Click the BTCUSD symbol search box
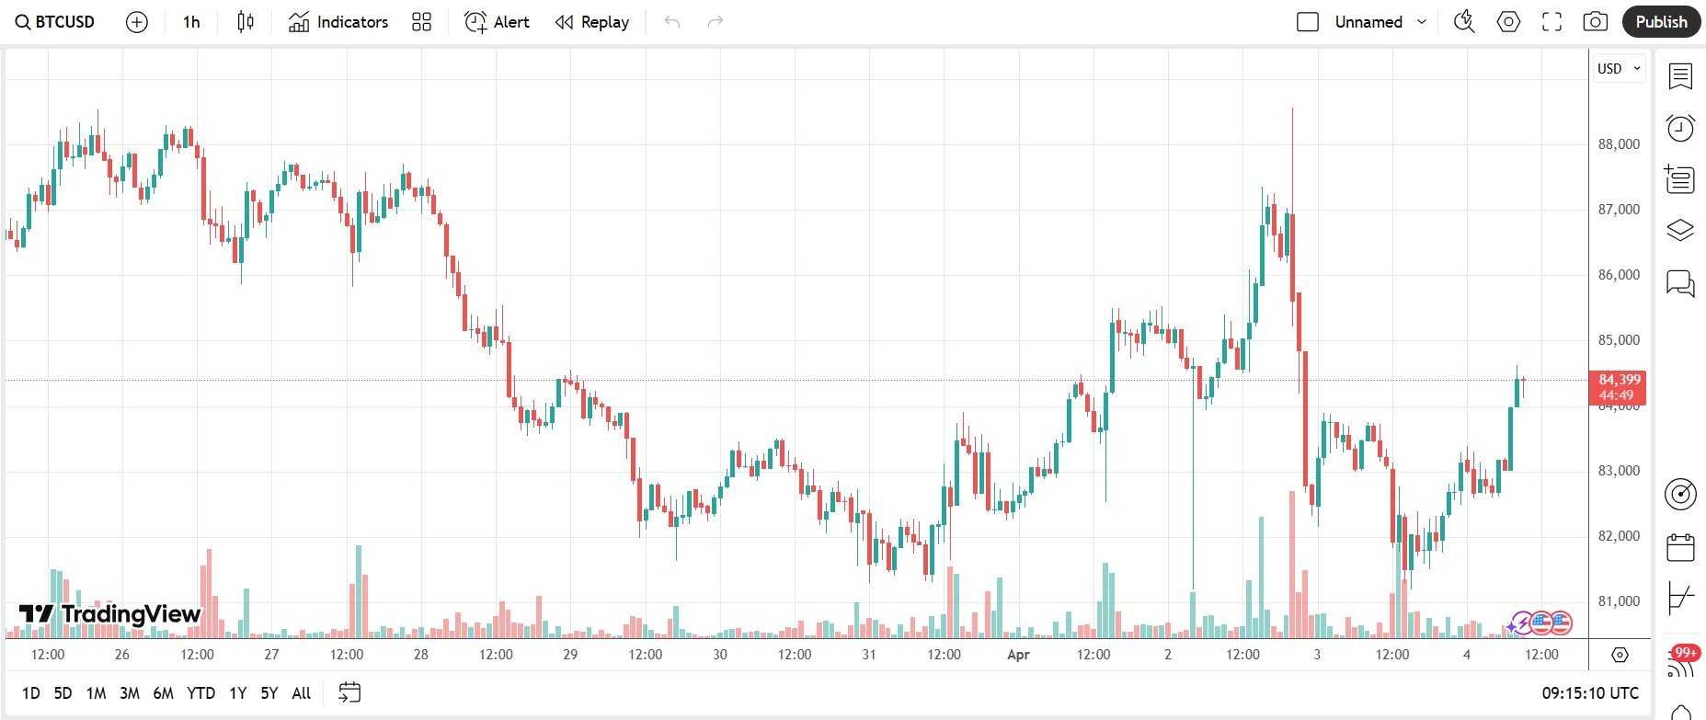(x=55, y=22)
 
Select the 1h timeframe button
(x=191, y=22)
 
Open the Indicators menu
(x=338, y=22)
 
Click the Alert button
(x=497, y=22)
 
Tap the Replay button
(x=592, y=22)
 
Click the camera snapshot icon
(x=1595, y=22)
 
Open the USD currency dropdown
(x=1619, y=69)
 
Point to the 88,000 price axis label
(x=1619, y=144)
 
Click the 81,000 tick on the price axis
(x=1619, y=601)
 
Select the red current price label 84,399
(x=1618, y=380)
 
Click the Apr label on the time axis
(x=1018, y=655)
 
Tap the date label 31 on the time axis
(x=869, y=655)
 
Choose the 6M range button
(x=163, y=693)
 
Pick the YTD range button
(x=200, y=693)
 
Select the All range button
(x=301, y=693)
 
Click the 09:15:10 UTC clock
(x=1590, y=693)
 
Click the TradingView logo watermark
(x=110, y=614)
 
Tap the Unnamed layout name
(x=1368, y=22)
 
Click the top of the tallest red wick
(x=1292, y=109)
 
